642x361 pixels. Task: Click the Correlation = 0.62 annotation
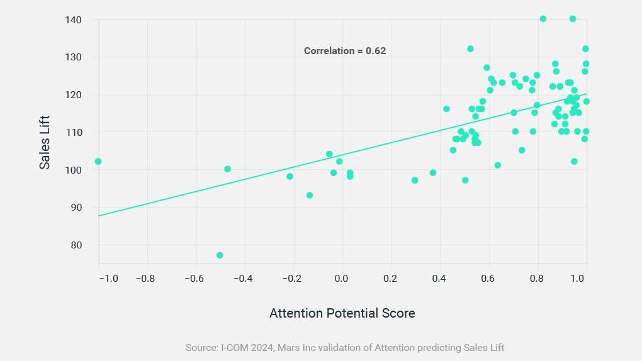point(344,51)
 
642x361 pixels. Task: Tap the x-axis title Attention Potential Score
point(342,313)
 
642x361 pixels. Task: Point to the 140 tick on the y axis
point(75,20)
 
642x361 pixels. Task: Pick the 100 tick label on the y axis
point(75,170)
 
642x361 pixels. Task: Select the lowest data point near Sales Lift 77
point(220,255)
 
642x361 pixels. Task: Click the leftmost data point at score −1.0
point(98,162)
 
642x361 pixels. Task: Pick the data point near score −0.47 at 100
point(227,169)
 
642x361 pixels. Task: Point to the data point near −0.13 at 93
point(310,196)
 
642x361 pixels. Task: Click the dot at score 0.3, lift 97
point(415,181)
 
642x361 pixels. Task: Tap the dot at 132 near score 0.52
point(470,49)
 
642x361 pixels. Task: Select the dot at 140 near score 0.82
point(543,19)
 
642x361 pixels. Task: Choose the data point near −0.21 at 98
point(290,177)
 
